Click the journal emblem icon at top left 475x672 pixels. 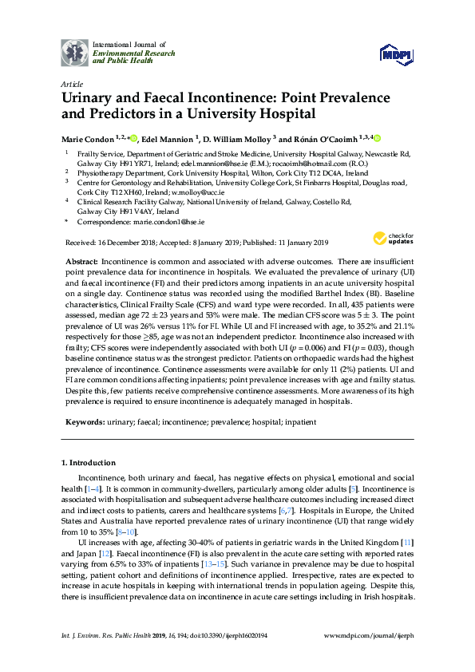pos(76,53)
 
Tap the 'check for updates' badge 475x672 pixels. pos(389,239)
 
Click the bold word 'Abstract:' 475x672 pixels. pos(82,262)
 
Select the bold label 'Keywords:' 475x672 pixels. pos(85,421)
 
